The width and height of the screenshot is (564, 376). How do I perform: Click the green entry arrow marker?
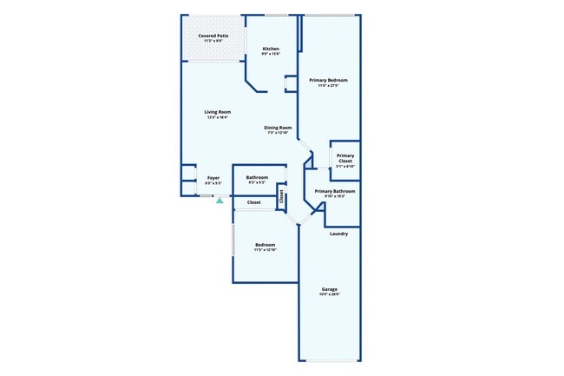[x=220, y=200]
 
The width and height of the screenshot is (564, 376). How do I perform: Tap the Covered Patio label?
[x=213, y=36]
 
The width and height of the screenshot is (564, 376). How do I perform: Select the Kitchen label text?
[x=271, y=49]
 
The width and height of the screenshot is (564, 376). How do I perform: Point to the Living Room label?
[x=218, y=112]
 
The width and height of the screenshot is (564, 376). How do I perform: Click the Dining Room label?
[x=278, y=128]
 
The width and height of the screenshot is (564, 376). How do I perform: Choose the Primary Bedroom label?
[x=328, y=80]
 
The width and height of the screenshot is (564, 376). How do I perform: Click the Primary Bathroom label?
[x=335, y=191]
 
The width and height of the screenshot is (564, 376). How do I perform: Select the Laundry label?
[x=339, y=233]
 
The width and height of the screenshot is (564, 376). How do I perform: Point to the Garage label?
[x=330, y=289]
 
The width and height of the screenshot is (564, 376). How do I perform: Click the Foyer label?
[x=213, y=178]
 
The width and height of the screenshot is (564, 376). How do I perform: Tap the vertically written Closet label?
[x=281, y=195]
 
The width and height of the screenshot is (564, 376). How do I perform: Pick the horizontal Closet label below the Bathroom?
[x=254, y=202]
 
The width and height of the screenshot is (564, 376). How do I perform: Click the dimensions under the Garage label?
[x=330, y=294]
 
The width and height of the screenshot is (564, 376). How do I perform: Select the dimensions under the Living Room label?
[x=218, y=118]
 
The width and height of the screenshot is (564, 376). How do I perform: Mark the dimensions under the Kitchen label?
[x=271, y=54]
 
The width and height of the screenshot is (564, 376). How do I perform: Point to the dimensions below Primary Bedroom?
[x=328, y=85]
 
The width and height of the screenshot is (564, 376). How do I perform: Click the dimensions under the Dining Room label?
[x=278, y=133]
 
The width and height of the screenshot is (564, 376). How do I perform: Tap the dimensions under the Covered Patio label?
[x=213, y=41]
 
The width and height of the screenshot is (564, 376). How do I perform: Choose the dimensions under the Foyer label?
[x=213, y=183]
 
